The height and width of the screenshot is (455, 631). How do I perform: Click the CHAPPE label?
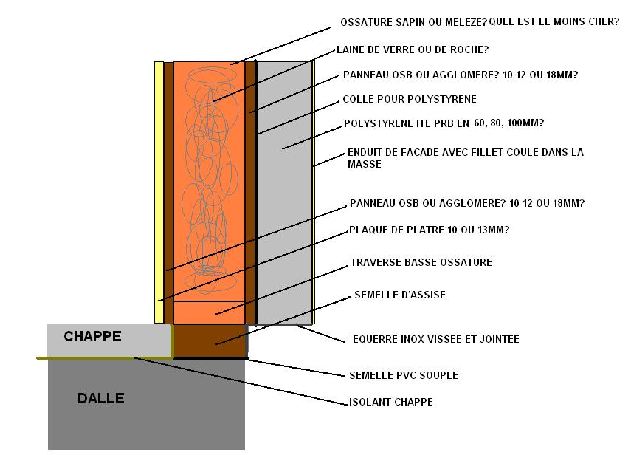(x=92, y=336)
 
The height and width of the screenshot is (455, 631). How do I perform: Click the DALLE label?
(x=100, y=398)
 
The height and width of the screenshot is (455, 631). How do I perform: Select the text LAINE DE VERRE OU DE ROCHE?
(x=413, y=50)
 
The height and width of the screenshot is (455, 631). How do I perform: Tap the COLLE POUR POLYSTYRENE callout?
(x=410, y=99)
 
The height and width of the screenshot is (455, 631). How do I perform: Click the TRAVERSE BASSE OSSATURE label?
(x=421, y=262)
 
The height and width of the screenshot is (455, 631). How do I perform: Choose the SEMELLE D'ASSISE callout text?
(x=400, y=295)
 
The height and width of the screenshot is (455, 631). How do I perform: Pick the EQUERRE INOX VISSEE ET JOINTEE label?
(x=436, y=339)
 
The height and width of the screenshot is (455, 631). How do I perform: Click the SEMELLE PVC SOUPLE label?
(x=404, y=375)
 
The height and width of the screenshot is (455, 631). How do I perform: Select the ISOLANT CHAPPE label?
(x=391, y=402)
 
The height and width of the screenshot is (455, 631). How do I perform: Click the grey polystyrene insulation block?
(x=283, y=192)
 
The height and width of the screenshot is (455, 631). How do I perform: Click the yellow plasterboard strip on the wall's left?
(x=159, y=192)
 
